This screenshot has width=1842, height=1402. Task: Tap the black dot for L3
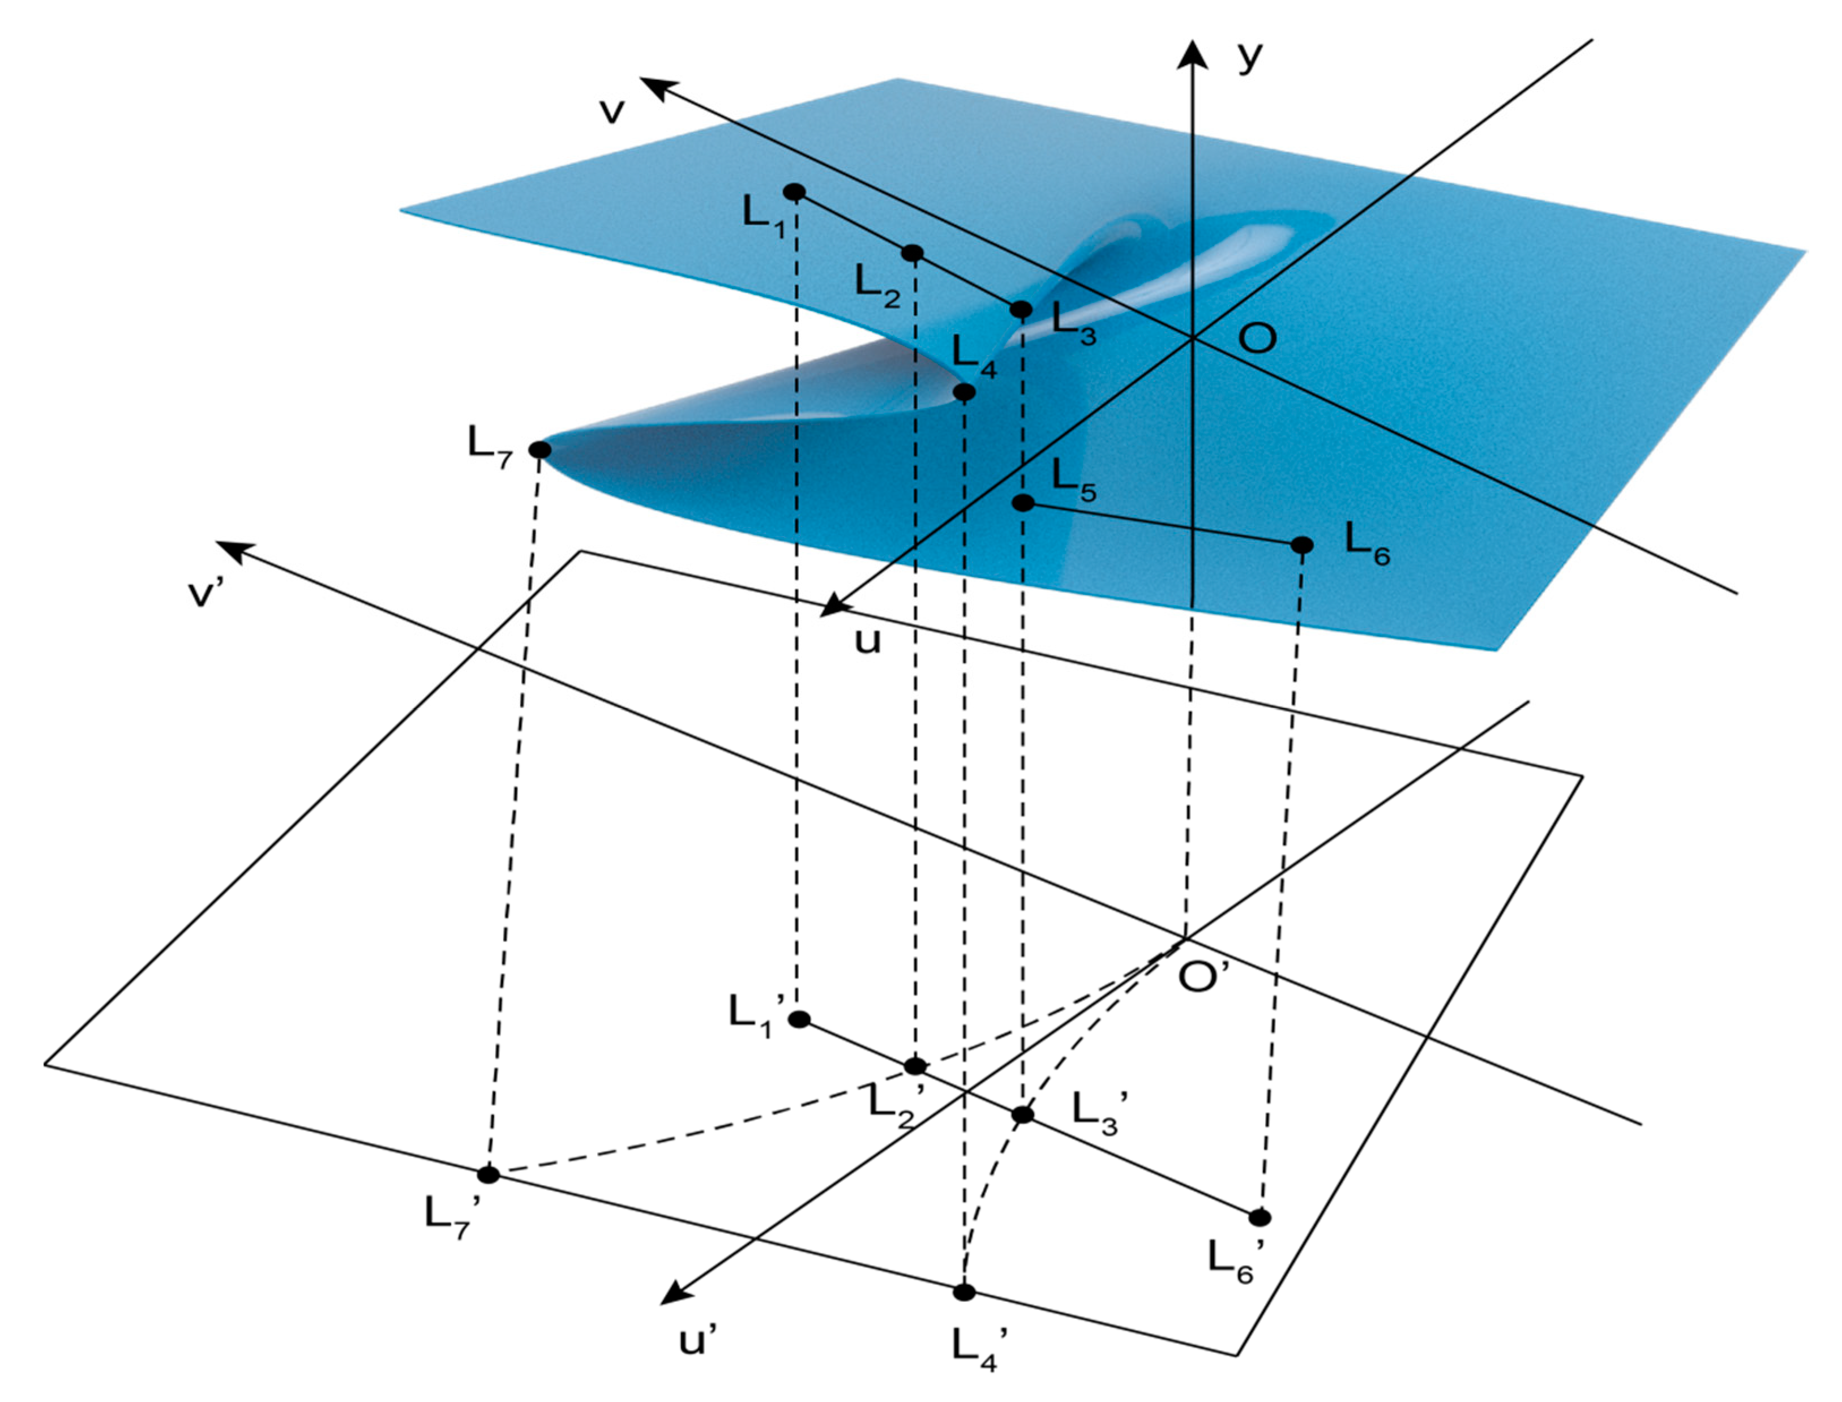1021,310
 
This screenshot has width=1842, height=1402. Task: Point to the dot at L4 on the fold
964,392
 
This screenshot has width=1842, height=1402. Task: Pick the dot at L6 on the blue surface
1302,545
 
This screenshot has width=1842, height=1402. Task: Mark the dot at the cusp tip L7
540,450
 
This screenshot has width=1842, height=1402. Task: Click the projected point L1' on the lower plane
799,1019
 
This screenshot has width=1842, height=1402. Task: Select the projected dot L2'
915,1066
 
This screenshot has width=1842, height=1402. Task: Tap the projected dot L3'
1022,1115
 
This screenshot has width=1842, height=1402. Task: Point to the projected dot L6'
1260,1217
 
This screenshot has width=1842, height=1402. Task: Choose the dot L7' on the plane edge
489,1175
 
